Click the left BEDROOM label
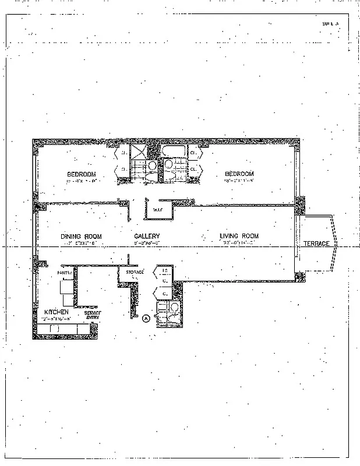click(81, 174)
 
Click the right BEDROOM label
click(239, 174)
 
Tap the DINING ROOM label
click(82, 236)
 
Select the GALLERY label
click(147, 236)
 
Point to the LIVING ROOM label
click(239, 236)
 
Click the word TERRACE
click(316, 243)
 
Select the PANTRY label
click(64, 272)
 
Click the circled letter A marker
click(146, 317)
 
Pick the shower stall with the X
click(139, 153)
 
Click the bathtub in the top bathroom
click(174, 153)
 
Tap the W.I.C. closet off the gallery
click(157, 209)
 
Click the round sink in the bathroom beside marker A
click(173, 307)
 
